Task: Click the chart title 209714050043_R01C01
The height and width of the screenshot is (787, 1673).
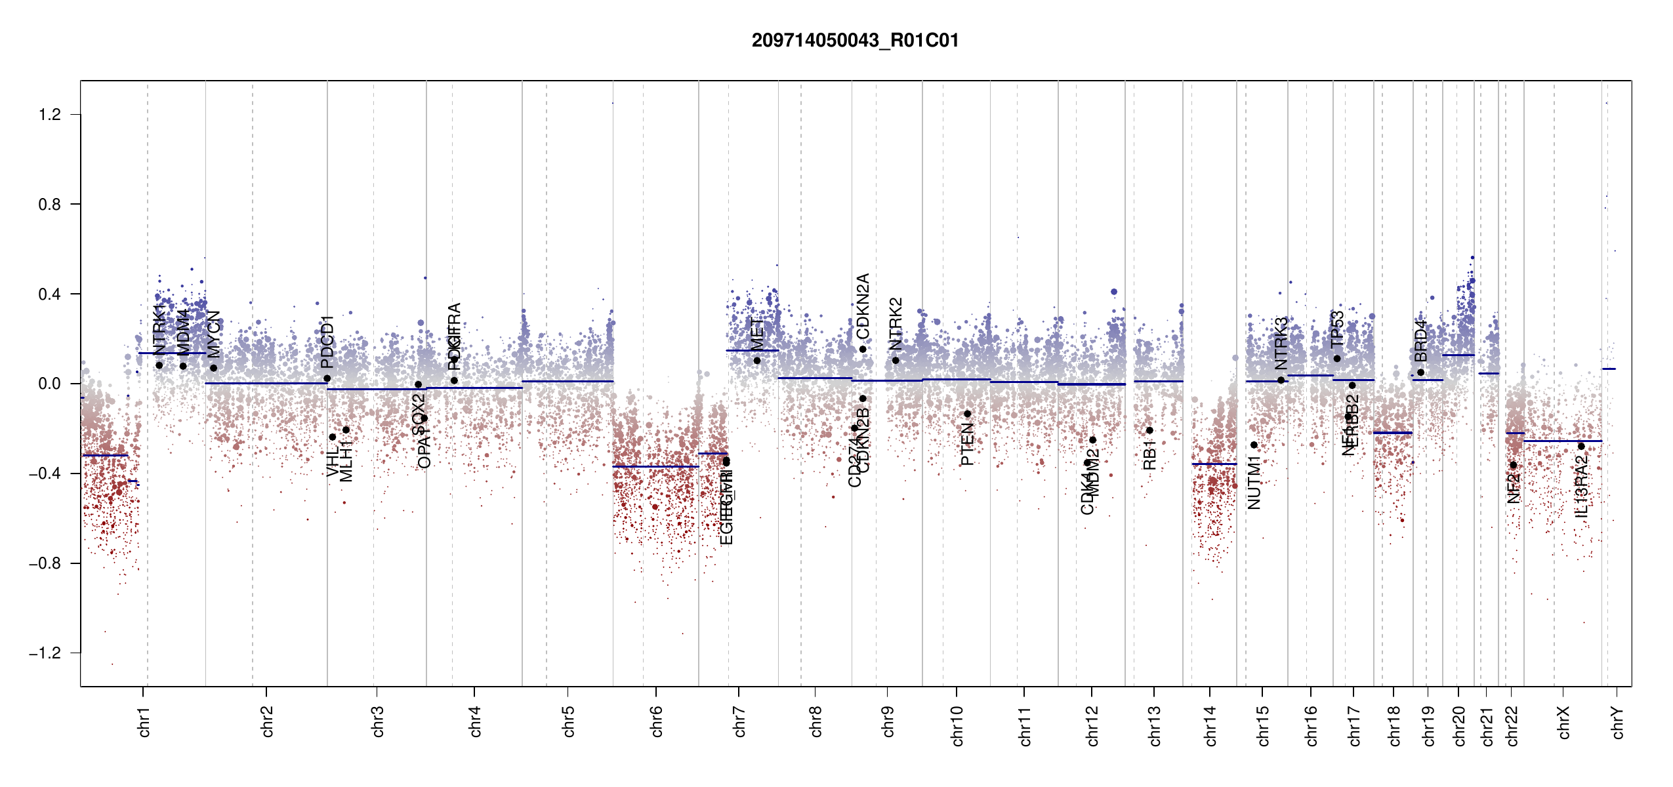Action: pos(855,41)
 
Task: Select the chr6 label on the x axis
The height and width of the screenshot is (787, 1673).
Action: pos(657,721)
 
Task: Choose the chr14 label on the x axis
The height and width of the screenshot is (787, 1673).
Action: pos(1210,725)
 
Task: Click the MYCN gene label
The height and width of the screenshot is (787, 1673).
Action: pos(214,333)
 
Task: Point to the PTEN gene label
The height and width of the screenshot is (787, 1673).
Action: pos(967,444)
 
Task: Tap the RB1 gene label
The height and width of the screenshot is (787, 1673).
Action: pos(1149,454)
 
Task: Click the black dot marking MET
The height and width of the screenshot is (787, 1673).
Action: pos(757,361)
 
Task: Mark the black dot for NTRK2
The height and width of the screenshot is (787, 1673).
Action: pos(896,360)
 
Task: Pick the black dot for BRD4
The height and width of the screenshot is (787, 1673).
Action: pos(1420,373)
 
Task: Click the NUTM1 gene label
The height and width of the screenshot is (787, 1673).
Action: pos(1254,484)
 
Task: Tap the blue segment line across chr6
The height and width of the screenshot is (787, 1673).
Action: pos(656,466)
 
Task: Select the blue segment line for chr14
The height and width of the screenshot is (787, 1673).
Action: pos(1214,464)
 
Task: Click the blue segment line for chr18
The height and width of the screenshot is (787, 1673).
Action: pos(1392,433)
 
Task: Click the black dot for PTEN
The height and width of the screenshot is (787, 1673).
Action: pos(967,414)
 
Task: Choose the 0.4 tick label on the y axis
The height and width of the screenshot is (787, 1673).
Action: pos(50,294)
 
